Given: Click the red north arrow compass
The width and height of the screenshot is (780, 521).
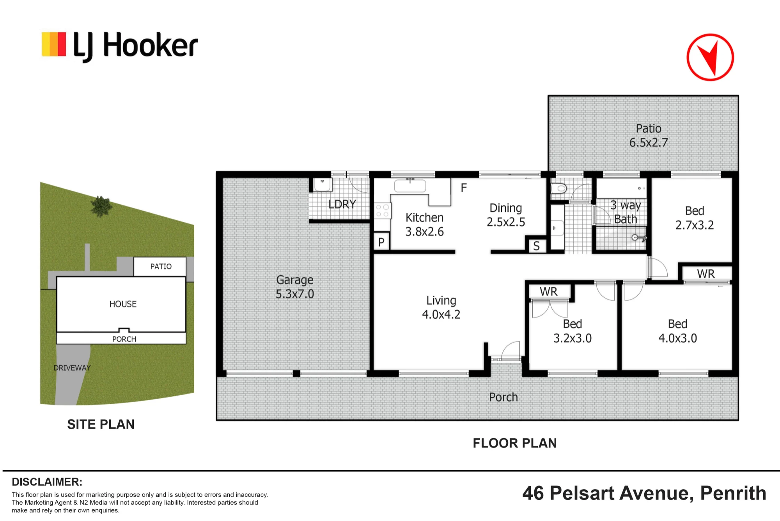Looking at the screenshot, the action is point(710,57).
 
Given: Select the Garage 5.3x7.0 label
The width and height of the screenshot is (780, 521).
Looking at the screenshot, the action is point(295,287).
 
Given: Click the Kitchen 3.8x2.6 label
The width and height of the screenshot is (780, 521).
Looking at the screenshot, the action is point(424,225).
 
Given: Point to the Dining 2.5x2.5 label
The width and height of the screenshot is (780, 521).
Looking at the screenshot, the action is point(506,215).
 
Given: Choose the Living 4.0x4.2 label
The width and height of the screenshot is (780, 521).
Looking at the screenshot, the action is point(441,307).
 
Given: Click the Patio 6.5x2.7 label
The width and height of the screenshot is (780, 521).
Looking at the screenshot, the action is point(649,136).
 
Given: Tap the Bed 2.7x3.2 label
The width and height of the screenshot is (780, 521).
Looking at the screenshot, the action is point(695,218).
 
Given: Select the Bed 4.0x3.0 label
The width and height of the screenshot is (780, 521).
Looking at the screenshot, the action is point(677,331).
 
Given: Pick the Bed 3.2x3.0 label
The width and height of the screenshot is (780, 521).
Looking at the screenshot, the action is point(573,331).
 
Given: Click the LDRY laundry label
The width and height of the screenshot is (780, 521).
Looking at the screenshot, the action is point(342,204).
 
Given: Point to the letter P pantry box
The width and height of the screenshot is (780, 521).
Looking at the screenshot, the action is point(381,242).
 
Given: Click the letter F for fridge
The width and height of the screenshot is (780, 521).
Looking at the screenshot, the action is point(464,188).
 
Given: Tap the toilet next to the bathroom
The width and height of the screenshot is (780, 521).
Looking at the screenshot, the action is point(558,189).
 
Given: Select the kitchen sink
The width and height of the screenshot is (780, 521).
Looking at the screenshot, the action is point(410,186).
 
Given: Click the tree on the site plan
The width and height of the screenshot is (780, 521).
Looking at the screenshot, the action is point(101,206).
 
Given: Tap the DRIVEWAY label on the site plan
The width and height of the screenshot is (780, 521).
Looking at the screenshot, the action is point(72,368).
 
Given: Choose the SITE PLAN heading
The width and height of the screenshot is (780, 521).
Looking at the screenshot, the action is point(101,425).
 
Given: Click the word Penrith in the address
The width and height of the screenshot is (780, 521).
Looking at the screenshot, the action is point(733,493).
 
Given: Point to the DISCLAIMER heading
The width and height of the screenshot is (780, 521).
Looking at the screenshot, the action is point(47,482).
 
